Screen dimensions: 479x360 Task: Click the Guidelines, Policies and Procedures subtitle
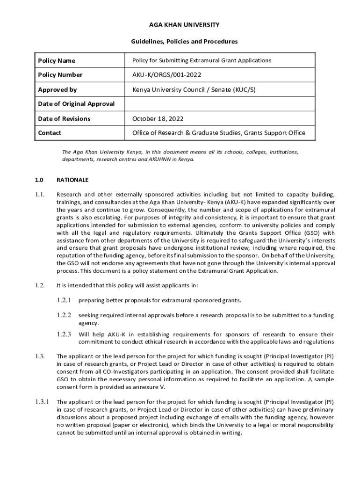tap(184, 42)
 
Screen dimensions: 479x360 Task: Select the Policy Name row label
tap(57, 61)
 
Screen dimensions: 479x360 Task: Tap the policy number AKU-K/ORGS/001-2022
tap(167, 75)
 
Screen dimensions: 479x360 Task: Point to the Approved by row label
tap(57, 89)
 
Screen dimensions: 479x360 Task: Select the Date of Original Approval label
tap(76, 104)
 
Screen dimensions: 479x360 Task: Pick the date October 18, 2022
tap(158, 118)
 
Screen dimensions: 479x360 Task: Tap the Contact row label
tap(50, 133)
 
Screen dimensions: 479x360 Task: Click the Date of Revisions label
tap(64, 118)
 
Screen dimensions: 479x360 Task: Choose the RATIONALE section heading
tap(72, 180)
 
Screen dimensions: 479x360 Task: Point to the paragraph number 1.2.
tap(39, 285)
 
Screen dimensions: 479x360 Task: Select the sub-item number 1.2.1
tap(64, 300)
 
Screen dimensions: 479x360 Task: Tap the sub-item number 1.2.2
tap(64, 315)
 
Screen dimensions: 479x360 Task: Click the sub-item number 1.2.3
tap(64, 334)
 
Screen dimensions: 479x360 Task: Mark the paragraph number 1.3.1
tap(42, 402)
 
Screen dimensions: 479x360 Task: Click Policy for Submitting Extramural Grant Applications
tap(202, 60)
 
